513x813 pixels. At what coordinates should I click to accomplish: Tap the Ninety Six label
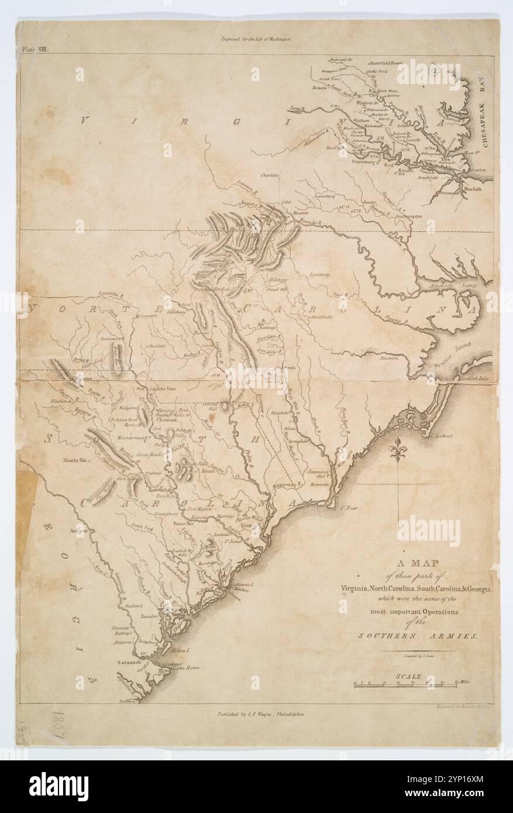click(74, 460)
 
